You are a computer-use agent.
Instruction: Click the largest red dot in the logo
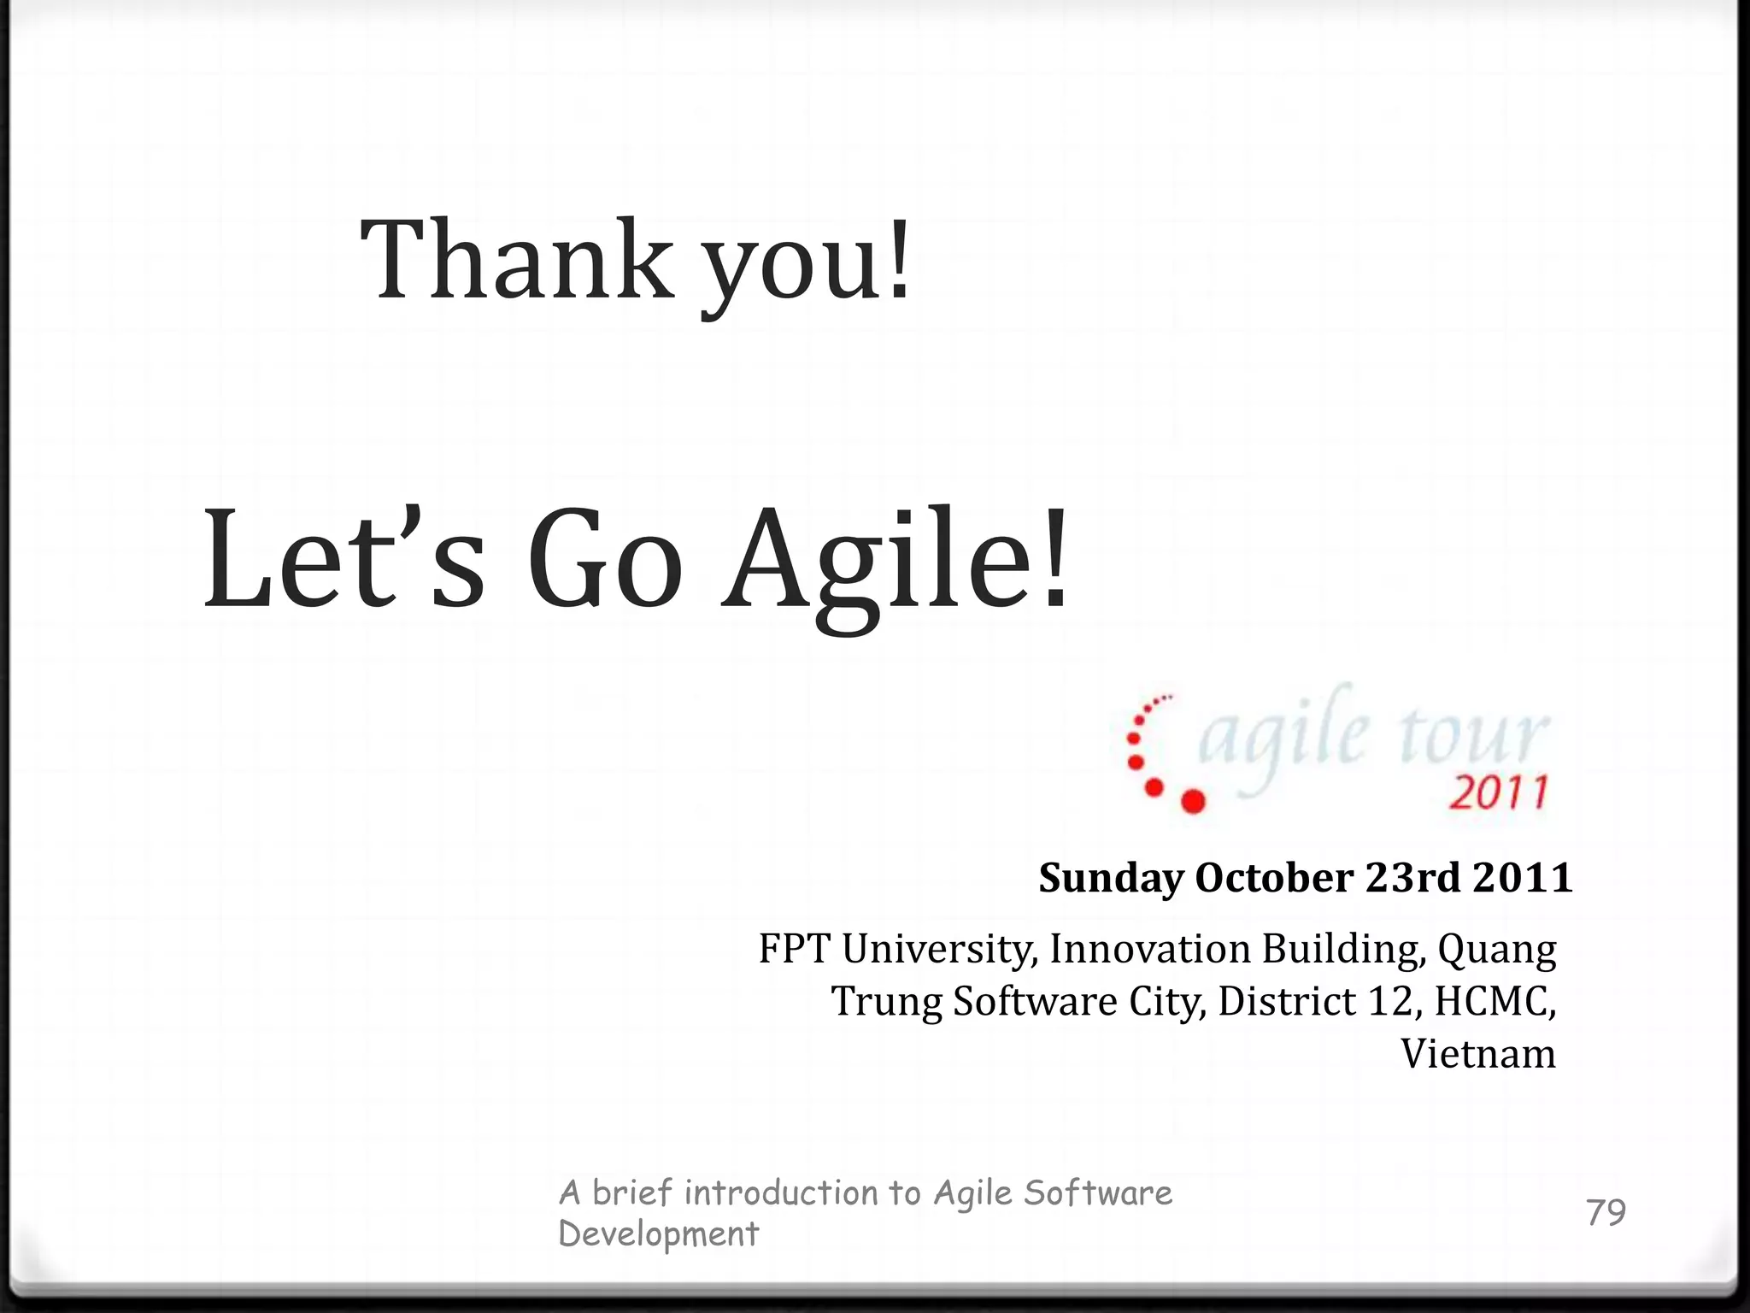(1192, 800)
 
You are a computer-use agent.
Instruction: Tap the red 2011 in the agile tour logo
(1498, 793)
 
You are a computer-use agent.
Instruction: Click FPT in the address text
(794, 949)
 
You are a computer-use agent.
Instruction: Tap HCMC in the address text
(1493, 1001)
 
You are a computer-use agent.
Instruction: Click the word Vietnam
(1478, 1054)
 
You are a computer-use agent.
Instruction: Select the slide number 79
(1606, 1212)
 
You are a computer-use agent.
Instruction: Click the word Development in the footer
(658, 1234)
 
